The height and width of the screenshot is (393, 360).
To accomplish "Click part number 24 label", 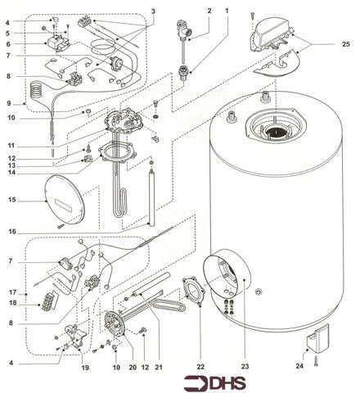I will (x=299, y=366).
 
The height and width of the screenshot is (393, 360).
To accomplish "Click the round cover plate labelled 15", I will (x=62, y=199).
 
